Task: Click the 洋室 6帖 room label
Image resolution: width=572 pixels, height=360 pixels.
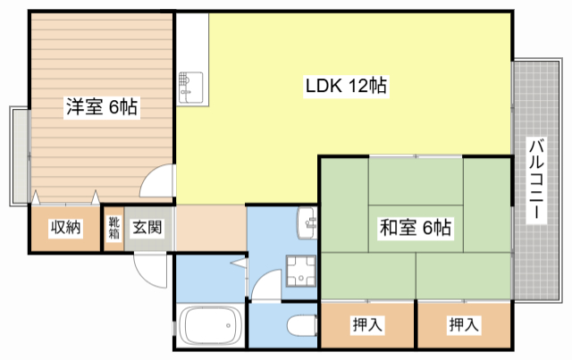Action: point(100,108)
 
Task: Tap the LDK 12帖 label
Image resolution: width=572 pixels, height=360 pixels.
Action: point(346,87)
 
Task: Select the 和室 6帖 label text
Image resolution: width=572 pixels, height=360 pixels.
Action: point(416,229)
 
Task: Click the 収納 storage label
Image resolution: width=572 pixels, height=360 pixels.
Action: point(65,228)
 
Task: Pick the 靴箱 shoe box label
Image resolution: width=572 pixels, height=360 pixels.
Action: point(114,228)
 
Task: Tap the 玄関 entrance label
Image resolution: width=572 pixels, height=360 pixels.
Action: point(147,228)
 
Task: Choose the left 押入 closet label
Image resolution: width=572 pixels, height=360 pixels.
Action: point(367,325)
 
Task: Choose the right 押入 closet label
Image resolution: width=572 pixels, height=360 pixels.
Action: point(463,325)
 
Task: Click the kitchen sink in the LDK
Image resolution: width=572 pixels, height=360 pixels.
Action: point(190,88)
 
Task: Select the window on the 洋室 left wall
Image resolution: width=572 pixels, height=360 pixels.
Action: point(19,156)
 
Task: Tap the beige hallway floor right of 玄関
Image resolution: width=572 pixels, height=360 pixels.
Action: point(210,228)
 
